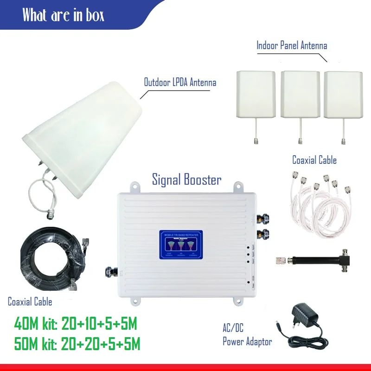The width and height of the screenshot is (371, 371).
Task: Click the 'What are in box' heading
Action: pos(64,15)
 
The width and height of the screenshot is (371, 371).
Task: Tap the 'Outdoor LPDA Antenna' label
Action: pos(180,83)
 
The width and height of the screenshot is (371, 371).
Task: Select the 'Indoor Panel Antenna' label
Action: pos(292,45)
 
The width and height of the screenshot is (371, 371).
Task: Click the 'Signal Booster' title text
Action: pos(186,179)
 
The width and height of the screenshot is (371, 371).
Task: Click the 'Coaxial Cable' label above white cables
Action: pos(314,160)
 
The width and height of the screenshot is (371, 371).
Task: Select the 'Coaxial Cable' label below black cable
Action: pos(30,302)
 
